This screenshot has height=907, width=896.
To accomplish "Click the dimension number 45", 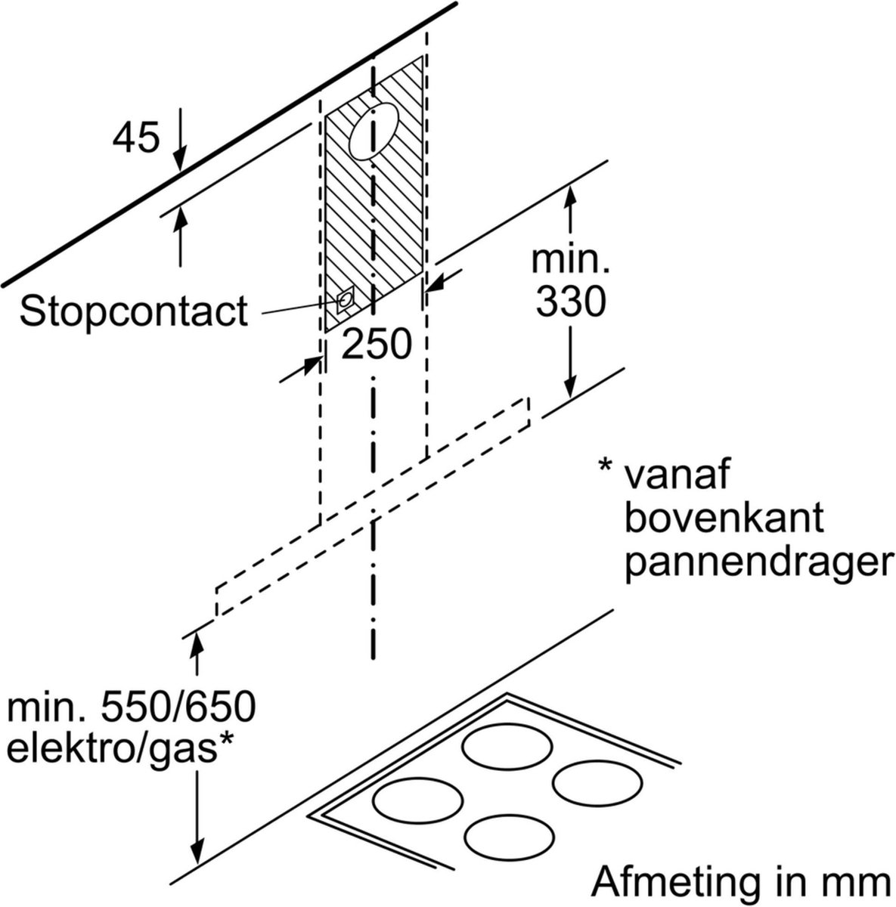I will point(137,138).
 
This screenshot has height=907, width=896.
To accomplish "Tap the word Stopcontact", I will point(134,311).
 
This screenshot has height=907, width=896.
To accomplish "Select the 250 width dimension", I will point(377,345).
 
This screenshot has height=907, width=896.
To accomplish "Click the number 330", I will point(571,304).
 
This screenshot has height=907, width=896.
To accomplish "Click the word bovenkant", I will point(724,519).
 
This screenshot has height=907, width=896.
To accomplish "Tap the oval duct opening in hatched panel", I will point(376,133).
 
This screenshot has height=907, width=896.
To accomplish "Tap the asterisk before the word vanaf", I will point(605,467).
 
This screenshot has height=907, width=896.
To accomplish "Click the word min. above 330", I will point(571,262).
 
